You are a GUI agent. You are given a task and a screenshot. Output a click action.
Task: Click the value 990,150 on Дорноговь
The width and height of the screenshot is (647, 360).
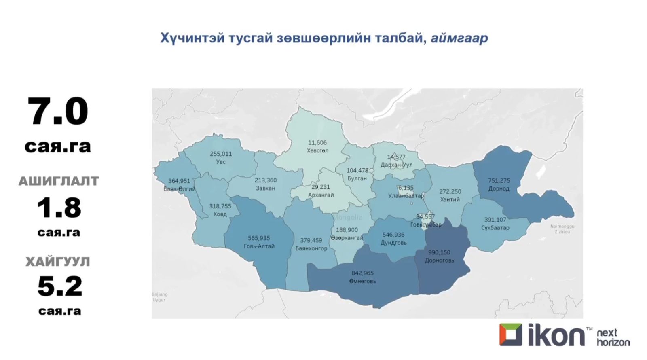tap(439, 252)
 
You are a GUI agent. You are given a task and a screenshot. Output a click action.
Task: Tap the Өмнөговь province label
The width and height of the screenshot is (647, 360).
tap(363, 281)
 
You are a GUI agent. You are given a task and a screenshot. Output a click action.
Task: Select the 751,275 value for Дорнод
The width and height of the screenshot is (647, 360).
tap(499, 180)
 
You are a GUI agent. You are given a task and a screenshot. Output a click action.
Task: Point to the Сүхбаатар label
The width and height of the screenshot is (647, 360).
tap(495, 228)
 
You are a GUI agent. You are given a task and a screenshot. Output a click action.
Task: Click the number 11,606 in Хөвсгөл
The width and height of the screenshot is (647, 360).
tap(317, 142)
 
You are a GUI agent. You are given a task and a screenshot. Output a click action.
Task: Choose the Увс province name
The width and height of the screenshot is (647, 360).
tap(221, 162)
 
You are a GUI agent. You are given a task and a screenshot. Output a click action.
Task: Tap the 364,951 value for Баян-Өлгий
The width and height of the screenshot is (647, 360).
tap(179, 181)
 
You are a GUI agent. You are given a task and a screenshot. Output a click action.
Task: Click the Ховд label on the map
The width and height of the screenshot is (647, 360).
tap(220, 214)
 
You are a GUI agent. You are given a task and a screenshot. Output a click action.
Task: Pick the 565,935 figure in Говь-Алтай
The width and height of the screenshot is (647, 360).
tap(259, 238)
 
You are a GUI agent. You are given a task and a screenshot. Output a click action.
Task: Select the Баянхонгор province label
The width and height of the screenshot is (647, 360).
tap(311, 248)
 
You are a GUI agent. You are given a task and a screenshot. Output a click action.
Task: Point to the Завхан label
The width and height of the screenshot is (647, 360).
tap(265, 188)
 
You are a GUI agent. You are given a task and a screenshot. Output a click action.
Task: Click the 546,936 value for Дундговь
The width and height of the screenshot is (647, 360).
tap(393, 235)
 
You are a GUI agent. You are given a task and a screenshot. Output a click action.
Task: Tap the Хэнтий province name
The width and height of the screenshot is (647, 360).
tap(450, 199)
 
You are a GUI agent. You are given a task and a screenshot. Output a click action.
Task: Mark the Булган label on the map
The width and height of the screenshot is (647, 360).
tap(357, 178)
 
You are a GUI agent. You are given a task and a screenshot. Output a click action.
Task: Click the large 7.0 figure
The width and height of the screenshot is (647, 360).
tap(58, 111)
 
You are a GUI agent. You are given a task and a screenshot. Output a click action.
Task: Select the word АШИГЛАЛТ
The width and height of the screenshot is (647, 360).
tap(59, 181)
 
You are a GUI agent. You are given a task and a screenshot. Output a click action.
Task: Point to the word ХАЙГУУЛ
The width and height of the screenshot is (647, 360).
tap(58, 262)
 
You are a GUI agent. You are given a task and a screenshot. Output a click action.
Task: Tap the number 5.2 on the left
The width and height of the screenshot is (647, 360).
tap(59, 286)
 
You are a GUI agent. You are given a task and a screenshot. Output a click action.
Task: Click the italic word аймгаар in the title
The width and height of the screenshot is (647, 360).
tap(459, 38)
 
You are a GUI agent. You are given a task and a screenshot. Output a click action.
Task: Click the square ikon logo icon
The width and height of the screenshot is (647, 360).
tap(510, 335)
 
